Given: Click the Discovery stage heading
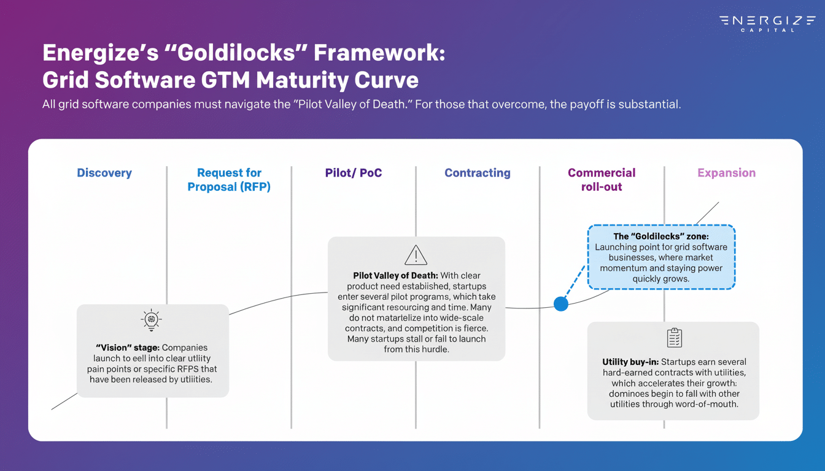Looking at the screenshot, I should (104, 173).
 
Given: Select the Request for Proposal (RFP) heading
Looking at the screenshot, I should (229, 180).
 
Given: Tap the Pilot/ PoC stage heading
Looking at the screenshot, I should (354, 173).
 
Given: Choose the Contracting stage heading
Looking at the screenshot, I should (478, 173).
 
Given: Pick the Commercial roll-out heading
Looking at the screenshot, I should (602, 180).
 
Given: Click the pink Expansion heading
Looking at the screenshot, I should (726, 173).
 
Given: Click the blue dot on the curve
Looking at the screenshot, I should (561, 304).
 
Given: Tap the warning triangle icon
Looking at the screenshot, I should (416, 255).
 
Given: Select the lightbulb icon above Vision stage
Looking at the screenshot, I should (151, 320).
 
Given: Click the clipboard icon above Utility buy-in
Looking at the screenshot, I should (674, 338).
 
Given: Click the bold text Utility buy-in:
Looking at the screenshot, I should (630, 362).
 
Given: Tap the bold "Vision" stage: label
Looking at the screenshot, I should (128, 348).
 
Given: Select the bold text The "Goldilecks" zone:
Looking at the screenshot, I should (661, 236).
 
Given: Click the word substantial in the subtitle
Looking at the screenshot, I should (652, 104).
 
